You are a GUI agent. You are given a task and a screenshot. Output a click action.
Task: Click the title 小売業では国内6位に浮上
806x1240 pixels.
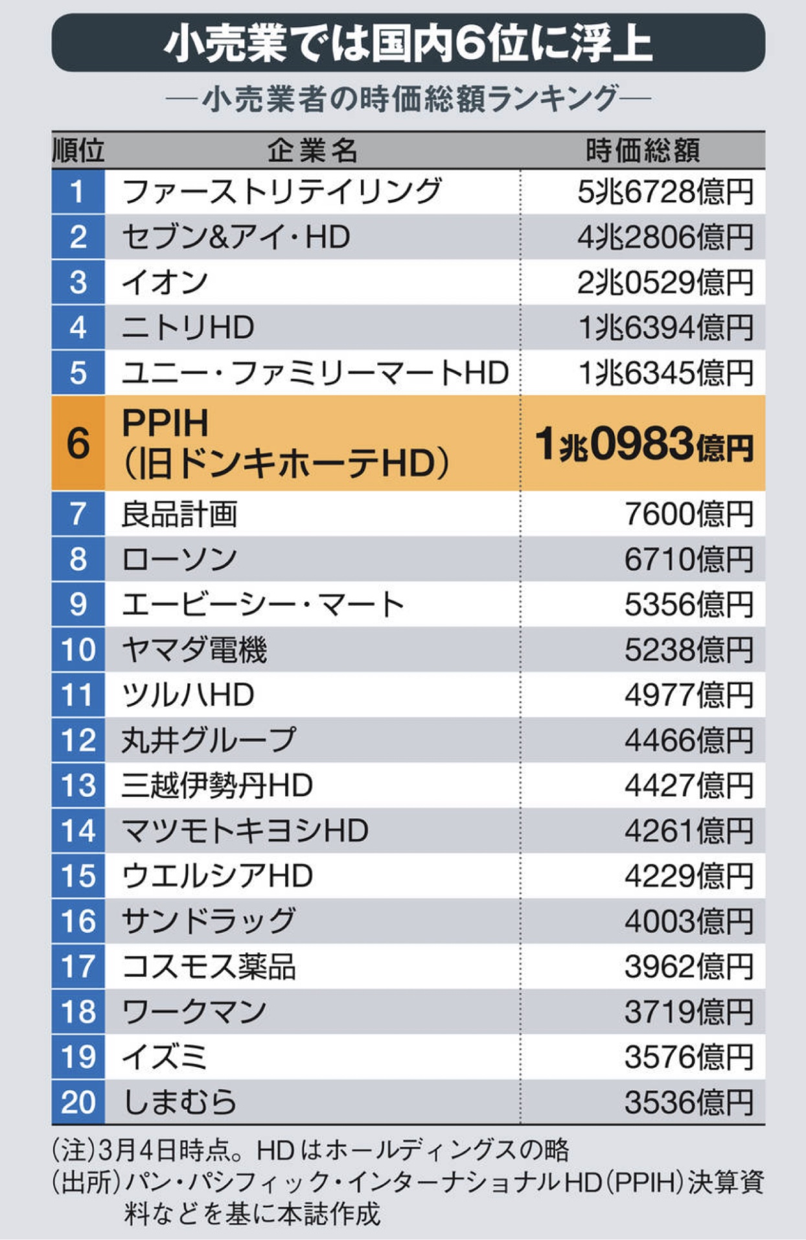[408, 43]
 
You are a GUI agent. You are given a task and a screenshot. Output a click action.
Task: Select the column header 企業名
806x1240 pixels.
[312, 150]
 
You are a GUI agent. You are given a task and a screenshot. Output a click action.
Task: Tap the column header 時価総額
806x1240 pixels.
[642, 150]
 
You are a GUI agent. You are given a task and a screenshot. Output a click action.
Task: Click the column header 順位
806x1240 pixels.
[78, 150]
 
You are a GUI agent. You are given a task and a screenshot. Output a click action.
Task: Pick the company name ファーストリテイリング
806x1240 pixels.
[282, 192]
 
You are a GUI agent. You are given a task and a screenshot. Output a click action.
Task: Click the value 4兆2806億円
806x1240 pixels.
[665, 237]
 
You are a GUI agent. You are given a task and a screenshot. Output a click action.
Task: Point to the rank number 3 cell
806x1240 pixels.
[78, 282]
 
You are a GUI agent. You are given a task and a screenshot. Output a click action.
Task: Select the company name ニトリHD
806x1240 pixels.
[188, 328]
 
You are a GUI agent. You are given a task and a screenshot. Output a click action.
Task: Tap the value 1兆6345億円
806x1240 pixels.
[665, 373]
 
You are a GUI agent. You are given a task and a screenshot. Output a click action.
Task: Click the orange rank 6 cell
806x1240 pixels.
[78, 443]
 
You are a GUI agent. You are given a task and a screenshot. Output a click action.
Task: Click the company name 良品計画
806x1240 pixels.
[179, 514]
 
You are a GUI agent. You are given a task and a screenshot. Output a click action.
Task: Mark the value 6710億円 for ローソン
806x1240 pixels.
[689, 559]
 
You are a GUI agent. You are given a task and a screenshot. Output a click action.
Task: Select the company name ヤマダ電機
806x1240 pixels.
[194, 649]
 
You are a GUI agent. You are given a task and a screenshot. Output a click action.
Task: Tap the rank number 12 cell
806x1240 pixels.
[78, 740]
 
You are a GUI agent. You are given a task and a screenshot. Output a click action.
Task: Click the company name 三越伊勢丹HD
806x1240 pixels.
[217, 785]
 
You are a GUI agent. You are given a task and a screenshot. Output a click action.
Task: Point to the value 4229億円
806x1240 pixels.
[689, 876]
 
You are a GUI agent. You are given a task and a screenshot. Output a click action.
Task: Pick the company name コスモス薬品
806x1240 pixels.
[209, 967]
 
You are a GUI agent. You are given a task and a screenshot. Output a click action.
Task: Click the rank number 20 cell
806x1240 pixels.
[78, 1102]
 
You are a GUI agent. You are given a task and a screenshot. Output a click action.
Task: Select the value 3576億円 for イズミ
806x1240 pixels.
[689, 1057]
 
